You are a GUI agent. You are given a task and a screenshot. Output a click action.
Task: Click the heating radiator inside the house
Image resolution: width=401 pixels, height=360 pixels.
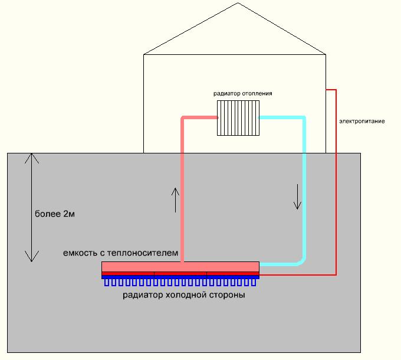coord(238,118)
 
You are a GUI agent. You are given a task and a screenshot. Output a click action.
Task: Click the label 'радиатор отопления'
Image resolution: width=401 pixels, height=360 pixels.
coord(243,94)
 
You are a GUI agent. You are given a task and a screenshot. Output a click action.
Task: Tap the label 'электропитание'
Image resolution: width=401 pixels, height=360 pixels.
coord(361,122)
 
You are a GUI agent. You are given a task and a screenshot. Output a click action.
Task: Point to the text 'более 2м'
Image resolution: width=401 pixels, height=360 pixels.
coord(55,214)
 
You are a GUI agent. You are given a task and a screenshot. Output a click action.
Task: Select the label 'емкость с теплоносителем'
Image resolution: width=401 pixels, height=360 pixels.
coord(120,253)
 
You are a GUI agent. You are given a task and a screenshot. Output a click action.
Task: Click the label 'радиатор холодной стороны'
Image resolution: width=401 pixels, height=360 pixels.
coord(183,295)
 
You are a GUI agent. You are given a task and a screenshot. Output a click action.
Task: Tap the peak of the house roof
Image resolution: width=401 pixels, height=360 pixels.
coord(238,3)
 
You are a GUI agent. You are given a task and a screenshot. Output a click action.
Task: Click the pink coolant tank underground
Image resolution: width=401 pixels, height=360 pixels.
coord(180,267)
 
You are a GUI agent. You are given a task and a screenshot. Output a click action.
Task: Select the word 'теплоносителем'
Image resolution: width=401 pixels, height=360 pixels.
coord(147,253)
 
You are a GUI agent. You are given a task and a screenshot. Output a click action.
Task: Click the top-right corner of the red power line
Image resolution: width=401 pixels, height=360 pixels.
coord(336,90)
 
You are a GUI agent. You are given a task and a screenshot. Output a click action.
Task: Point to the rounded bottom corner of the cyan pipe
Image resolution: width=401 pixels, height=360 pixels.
coord(303,261)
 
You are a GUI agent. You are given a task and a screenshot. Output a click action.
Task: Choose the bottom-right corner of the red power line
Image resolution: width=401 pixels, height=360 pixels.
coord(336,274)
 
